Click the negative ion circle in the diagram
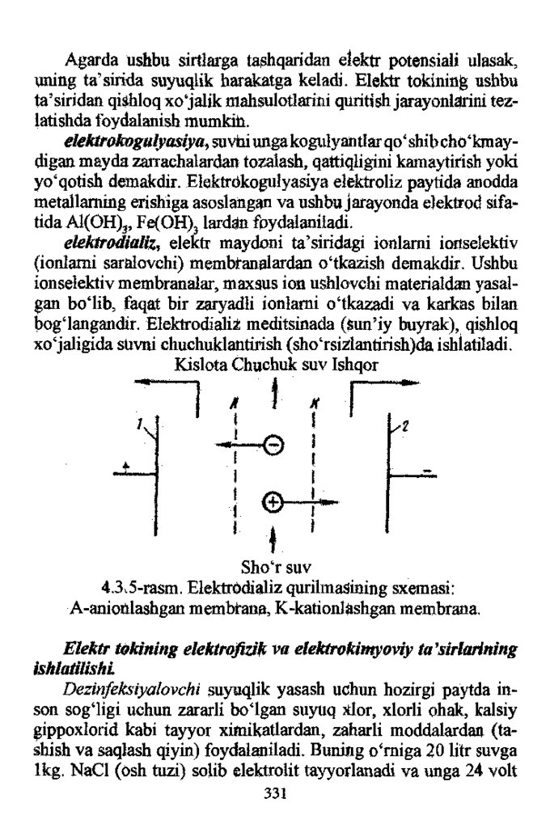[275, 445]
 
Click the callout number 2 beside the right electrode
[405, 425]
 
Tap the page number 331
[276, 792]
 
